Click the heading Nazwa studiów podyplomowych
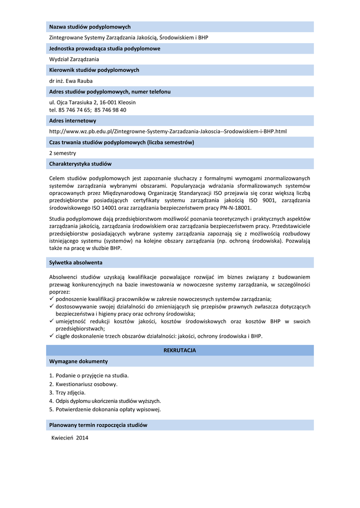click(90, 27)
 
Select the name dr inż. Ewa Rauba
click(71, 81)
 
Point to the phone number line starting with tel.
click(87, 110)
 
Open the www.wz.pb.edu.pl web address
click(168, 131)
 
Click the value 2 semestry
click(63, 153)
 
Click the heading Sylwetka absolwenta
click(76, 262)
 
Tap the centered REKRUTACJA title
click(180, 350)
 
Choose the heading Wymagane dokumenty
click(78, 361)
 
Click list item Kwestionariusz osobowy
click(86, 384)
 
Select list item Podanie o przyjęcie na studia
click(92, 376)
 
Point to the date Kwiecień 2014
click(70, 438)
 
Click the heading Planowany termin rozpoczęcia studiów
click(98, 425)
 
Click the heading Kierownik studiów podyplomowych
click(94, 70)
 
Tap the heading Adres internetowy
click(72, 121)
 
